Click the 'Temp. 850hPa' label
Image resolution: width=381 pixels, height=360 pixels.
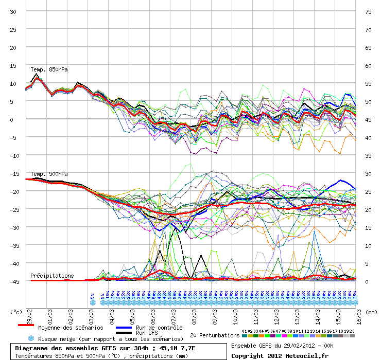pyautogui.click(x=49, y=69)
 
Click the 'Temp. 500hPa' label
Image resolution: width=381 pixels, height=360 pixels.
pyautogui.click(x=49, y=174)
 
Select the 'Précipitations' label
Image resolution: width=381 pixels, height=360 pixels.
pyautogui.click(x=51, y=276)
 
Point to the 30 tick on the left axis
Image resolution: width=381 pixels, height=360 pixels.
pyautogui.click(x=14, y=12)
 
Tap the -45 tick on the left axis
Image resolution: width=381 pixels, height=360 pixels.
pyautogui.click(x=14, y=282)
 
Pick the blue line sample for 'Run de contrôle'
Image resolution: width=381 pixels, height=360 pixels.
pyautogui.click(x=124, y=327)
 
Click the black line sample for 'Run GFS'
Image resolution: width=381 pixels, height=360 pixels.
pyautogui.click(x=124, y=333)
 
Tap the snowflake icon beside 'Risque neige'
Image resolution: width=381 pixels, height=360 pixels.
pyautogui.click(x=30, y=339)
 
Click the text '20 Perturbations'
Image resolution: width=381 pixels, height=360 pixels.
pyautogui.click(x=215, y=335)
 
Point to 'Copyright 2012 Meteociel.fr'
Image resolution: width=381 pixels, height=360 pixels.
pyautogui.click(x=279, y=355)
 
